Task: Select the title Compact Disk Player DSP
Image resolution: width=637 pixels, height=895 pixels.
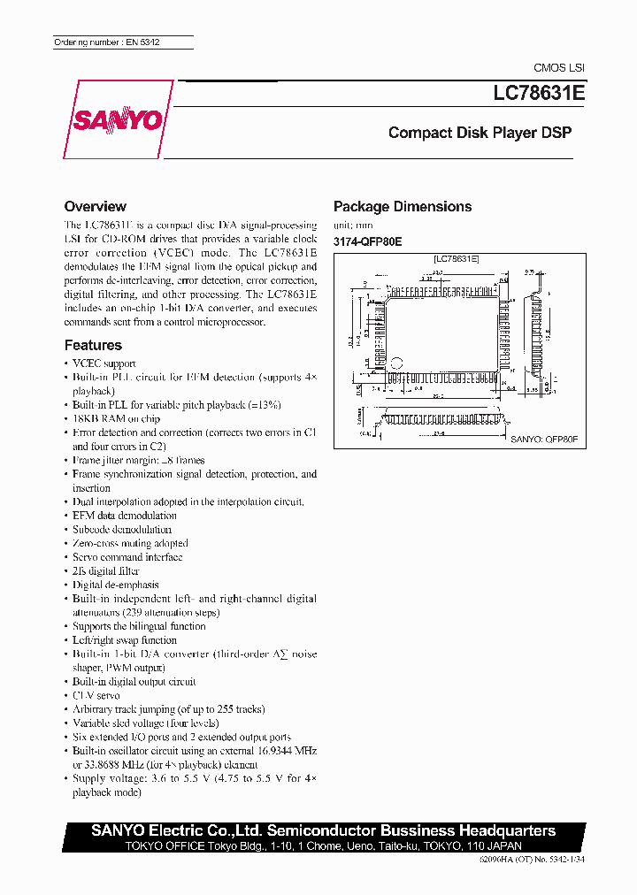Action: (480, 134)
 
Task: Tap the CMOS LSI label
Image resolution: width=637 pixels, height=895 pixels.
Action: (558, 67)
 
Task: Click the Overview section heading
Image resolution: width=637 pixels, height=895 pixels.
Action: (96, 206)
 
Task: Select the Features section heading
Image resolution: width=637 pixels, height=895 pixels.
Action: (93, 345)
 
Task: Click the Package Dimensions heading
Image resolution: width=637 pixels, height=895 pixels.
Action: (402, 207)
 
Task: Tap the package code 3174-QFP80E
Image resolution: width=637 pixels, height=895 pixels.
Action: (367, 241)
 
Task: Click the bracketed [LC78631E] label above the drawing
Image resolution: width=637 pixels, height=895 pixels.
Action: (456, 259)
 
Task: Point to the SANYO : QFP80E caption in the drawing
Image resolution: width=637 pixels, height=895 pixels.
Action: (544, 439)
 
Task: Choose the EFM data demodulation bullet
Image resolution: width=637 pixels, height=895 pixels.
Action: (124, 516)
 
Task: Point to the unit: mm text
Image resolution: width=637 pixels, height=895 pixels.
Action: (353, 226)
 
